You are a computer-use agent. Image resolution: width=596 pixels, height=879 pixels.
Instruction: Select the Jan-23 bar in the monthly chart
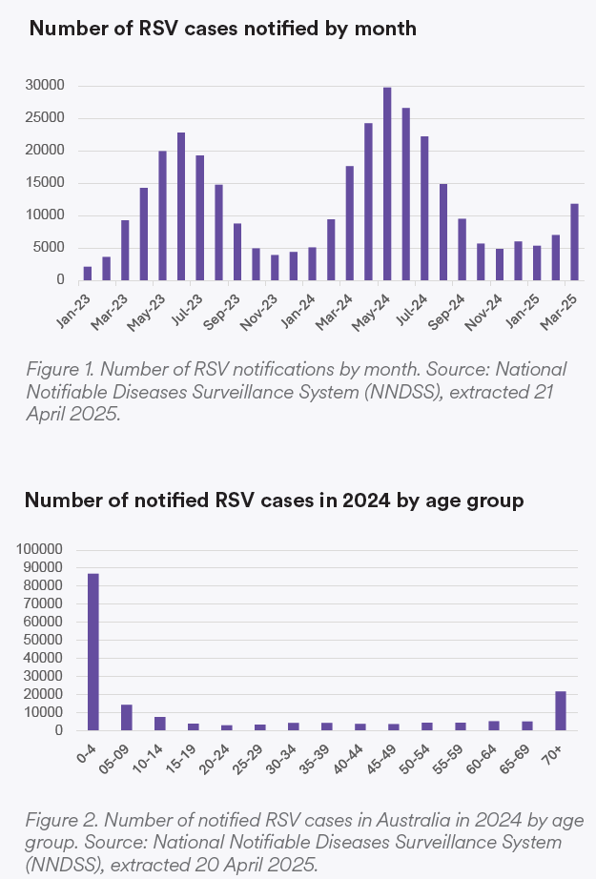coord(88,273)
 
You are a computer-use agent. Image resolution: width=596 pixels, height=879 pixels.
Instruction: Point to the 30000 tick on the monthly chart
coord(45,86)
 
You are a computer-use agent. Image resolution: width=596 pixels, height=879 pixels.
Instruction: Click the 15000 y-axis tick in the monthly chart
coord(45,183)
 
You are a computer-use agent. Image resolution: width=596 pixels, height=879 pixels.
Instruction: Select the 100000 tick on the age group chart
coord(41,549)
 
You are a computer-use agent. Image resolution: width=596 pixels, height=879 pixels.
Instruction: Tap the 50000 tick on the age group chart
coord(45,640)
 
